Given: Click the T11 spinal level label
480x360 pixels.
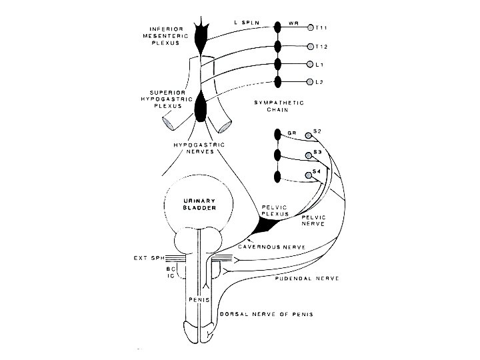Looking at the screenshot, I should [x=323, y=29].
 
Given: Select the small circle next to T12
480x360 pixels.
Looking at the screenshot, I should [x=311, y=47].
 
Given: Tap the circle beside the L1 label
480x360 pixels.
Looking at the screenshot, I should [x=311, y=65].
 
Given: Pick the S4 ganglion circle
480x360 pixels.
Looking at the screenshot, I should [x=307, y=175].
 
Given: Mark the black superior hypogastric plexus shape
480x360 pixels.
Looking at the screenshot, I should [x=202, y=106].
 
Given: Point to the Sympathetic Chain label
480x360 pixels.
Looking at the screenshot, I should [x=279, y=108].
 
